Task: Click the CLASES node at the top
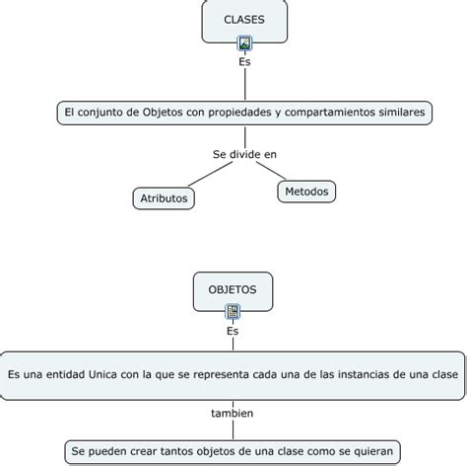coord(243,20)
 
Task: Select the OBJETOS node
coord(233,289)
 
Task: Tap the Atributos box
coord(163,198)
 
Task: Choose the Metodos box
coord(306,191)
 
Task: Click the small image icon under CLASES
coord(244,43)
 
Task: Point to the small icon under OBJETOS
coord(233,312)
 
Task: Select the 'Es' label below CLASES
coord(244,61)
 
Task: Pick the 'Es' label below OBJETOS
coord(233,331)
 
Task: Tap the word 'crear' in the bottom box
coord(148,452)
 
